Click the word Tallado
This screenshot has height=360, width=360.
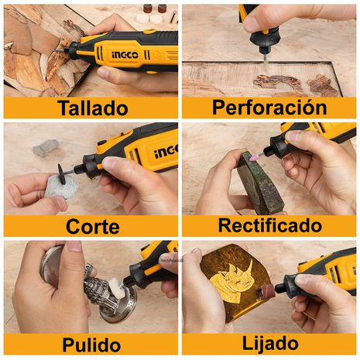tap(93, 108)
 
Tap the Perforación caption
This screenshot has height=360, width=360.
tap(269, 107)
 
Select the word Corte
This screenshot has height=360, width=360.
tap(93, 226)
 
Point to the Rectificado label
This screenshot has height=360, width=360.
tap(270, 225)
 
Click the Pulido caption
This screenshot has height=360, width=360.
tap(91, 345)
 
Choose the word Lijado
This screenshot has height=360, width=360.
tap(270, 344)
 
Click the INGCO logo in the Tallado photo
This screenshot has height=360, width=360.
tap(125, 55)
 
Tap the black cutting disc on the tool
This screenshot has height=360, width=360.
tap(62, 174)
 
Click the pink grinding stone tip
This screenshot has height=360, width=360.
tap(254, 157)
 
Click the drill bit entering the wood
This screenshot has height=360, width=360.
tap(265, 60)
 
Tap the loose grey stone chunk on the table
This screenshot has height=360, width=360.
tap(46, 148)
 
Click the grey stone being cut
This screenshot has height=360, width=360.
tap(63, 187)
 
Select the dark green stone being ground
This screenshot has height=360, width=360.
tap(260, 183)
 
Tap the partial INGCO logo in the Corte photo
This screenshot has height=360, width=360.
tap(166, 151)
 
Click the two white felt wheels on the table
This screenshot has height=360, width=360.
tap(149, 19)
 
